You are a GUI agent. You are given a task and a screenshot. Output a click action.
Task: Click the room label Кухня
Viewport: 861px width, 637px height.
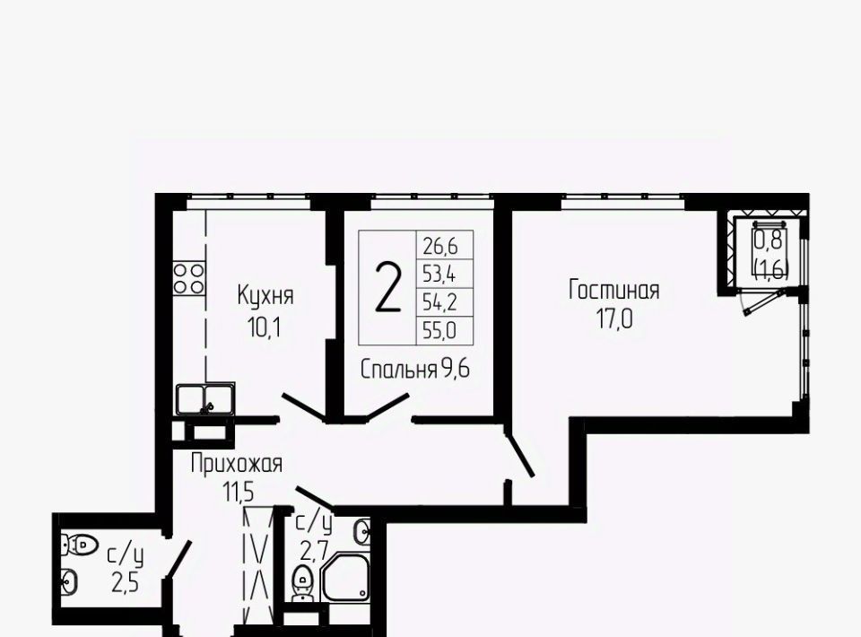pos(265,295)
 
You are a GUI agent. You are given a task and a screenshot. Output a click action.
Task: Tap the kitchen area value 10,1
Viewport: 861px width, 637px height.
pos(265,328)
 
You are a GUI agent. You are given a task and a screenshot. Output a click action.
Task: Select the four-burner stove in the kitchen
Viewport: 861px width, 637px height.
pos(189,278)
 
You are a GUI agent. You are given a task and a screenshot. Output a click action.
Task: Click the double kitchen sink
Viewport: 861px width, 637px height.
pos(205,398)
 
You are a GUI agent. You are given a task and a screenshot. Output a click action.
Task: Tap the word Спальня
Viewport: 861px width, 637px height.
pos(398,370)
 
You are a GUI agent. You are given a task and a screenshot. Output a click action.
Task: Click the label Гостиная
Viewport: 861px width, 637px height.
pos(613,290)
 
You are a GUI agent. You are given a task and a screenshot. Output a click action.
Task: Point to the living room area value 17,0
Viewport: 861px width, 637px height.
pos(613,318)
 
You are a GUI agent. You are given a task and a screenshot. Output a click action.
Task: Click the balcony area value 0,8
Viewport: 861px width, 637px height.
pos(771,240)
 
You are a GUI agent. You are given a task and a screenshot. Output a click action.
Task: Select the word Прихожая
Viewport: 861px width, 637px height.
pos(237,465)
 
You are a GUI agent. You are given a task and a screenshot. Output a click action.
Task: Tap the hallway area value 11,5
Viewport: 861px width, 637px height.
pos(238,492)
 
